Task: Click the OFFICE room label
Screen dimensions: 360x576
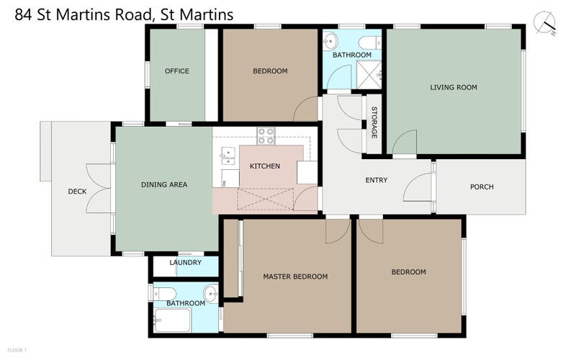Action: point(176,71)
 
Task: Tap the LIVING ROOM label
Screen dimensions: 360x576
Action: point(454,88)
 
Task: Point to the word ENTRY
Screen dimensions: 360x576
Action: point(376,180)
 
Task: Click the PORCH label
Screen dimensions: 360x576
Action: point(482,187)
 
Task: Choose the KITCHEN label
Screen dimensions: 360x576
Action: point(264,166)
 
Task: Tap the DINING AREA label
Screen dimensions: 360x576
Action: point(163,185)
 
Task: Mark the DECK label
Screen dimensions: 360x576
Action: point(77,192)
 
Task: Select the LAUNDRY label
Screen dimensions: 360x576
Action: point(185,263)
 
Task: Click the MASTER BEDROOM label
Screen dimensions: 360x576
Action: point(294,276)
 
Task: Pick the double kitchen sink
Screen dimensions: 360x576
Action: point(227,153)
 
